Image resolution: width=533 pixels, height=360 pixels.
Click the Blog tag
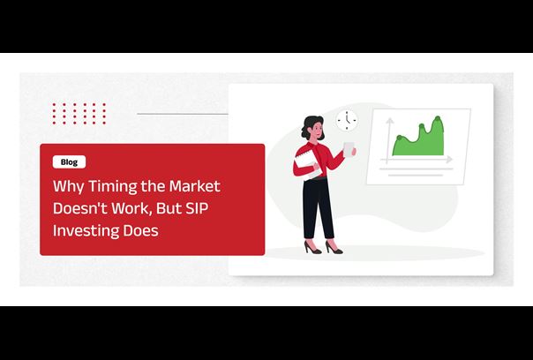click(69, 162)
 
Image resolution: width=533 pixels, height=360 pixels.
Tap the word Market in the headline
click(195, 186)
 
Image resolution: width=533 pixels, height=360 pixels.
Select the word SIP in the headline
click(197, 208)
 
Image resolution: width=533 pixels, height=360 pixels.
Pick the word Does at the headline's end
click(140, 230)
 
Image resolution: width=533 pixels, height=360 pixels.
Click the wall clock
click(347, 120)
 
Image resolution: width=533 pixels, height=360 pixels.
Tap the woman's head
click(313, 127)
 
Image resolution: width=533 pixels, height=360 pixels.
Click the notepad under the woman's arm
click(307, 164)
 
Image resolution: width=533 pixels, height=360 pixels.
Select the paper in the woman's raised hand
click(349, 149)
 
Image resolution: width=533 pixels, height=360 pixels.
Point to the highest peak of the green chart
click(438, 117)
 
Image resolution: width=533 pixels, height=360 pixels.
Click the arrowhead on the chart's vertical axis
click(389, 120)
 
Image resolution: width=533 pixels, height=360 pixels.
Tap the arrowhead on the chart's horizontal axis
click(449, 159)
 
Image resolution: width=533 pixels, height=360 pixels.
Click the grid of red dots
click(79, 114)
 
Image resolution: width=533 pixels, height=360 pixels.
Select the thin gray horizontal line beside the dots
click(183, 114)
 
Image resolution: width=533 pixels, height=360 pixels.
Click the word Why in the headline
click(68, 187)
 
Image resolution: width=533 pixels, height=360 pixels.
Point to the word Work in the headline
click(131, 208)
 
